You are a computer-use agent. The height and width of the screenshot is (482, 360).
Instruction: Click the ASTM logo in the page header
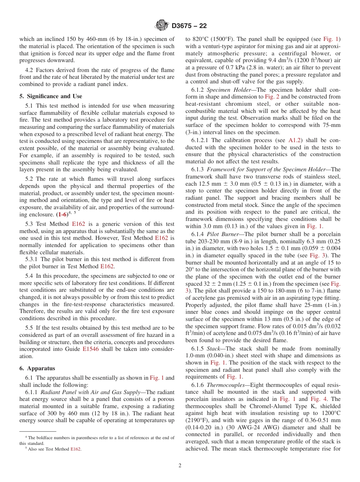tap(162, 26)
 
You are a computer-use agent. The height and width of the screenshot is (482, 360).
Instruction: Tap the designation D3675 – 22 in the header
tap(189, 26)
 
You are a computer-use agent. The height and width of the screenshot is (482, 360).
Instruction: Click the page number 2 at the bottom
tap(180, 465)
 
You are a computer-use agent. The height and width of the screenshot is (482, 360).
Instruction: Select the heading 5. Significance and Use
tap(51, 96)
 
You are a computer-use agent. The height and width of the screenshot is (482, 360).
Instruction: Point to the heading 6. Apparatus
tap(37, 368)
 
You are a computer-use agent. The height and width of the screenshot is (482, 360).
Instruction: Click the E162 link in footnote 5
tap(76, 449)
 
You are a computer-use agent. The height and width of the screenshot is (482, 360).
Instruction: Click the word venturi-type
tap(216, 46)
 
